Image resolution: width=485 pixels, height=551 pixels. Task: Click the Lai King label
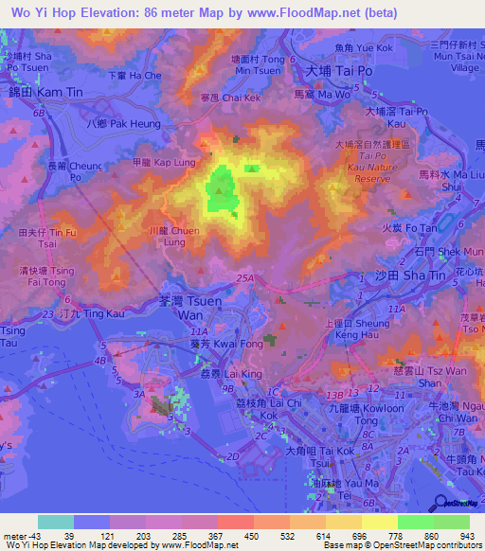click(218, 375)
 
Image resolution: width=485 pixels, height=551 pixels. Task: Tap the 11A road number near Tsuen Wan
click(198, 332)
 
